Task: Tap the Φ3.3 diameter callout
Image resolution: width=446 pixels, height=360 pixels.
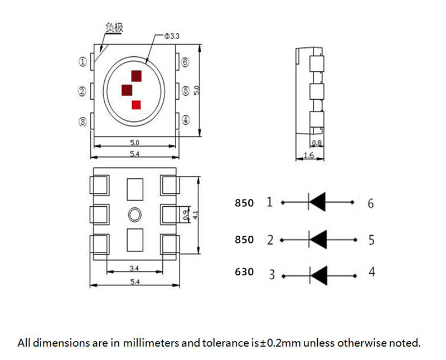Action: coord(171,36)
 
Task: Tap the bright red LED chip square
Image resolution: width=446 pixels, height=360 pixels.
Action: coord(137,104)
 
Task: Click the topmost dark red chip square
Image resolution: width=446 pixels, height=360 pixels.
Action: coord(137,76)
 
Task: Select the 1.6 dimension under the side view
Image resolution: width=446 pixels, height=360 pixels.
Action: coord(308,155)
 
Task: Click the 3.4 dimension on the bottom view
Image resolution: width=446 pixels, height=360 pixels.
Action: coord(134,268)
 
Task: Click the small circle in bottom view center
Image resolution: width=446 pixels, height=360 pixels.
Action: coord(134,214)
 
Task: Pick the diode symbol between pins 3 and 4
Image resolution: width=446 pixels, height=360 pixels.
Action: coord(318,274)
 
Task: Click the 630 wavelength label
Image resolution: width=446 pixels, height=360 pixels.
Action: coord(244,273)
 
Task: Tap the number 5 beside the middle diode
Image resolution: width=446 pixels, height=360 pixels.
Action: coord(371,240)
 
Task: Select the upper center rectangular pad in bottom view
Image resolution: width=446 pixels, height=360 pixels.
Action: coord(135,189)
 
